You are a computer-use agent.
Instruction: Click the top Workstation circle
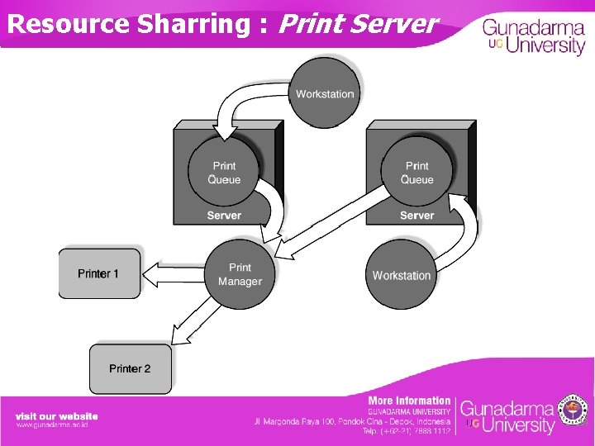(325, 93)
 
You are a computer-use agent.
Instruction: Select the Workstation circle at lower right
(402, 274)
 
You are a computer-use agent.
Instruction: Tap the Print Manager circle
(240, 274)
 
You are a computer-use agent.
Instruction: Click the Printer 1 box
(99, 273)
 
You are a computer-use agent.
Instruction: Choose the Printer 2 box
(131, 368)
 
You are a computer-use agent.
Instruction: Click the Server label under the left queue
(224, 216)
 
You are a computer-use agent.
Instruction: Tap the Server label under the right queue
(416, 216)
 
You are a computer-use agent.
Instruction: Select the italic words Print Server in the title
(357, 23)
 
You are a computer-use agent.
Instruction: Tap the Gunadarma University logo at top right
(534, 36)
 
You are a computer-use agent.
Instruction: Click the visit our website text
(56, 415)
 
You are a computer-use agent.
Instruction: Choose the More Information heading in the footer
(409, 401)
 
